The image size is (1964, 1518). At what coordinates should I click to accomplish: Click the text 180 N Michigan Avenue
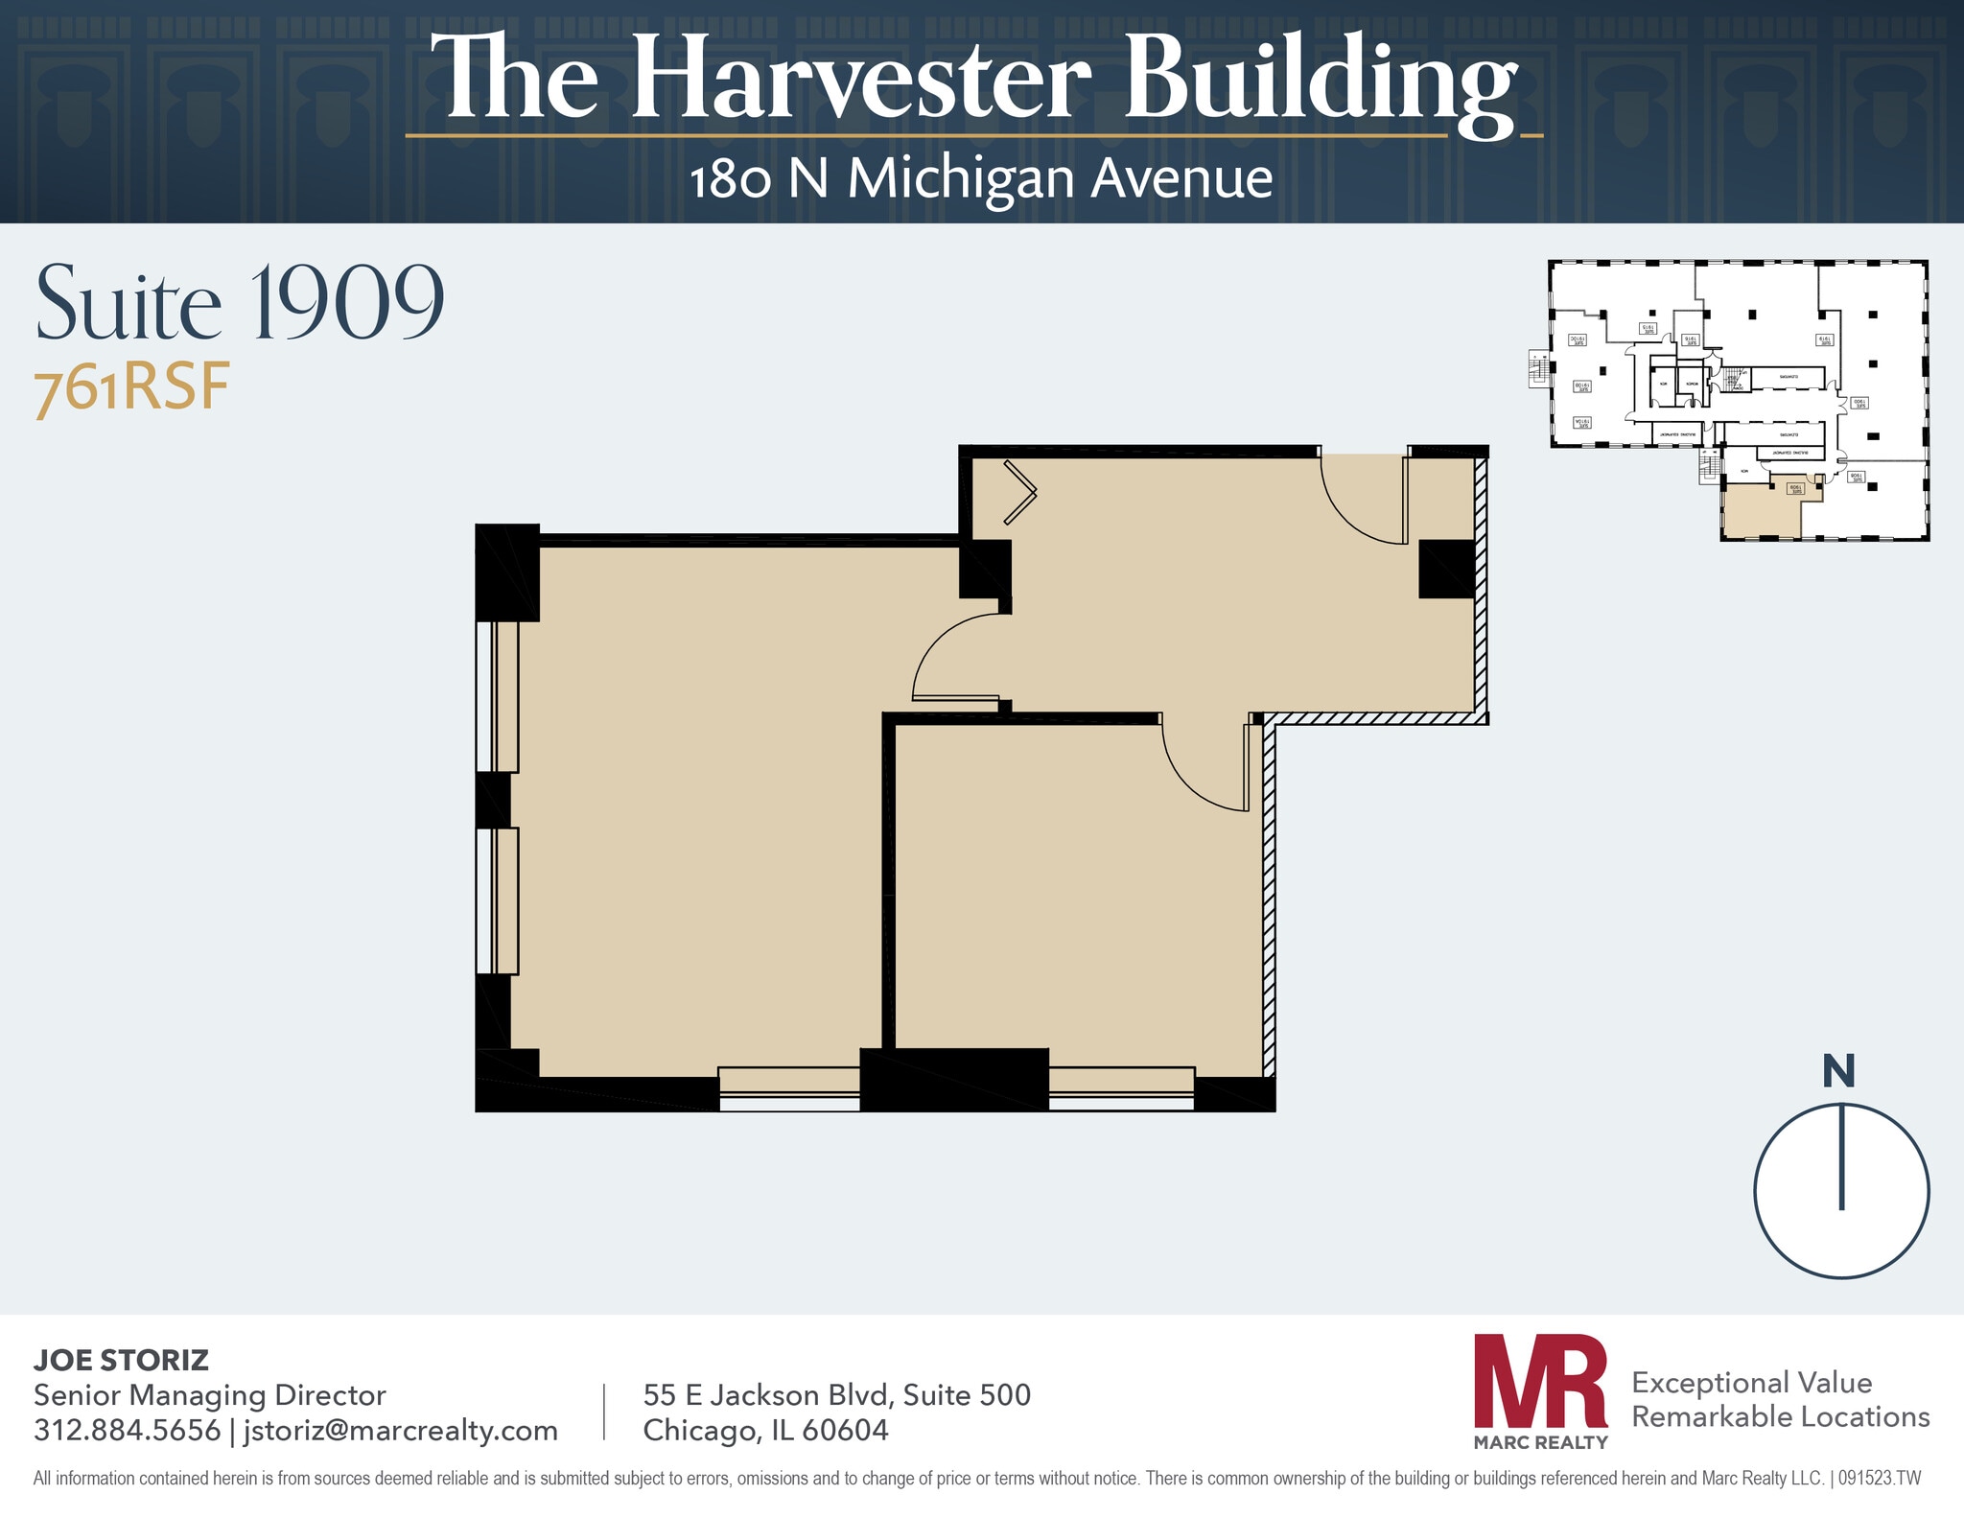(x=981, y=179)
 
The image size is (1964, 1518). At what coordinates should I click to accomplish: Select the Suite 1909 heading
(x=240, y=303)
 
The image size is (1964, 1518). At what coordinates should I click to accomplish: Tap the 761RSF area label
(x=132, y=388)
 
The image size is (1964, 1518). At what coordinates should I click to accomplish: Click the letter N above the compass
(x=1837, y=1071)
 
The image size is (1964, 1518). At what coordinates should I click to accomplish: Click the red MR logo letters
(x=1539, y=1382)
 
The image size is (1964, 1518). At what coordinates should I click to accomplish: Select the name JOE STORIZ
(x=121, y=1360)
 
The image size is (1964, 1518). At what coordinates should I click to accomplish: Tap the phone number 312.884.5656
(x=127, y=1430)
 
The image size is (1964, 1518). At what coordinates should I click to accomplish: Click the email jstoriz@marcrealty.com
(x=400, y=1430)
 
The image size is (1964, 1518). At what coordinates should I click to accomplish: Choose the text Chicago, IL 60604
(x=765, y=1430)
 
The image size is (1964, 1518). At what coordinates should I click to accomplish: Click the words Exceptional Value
(x=1751, y=1382)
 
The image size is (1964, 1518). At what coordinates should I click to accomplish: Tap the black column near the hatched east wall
(x=1446, y=569)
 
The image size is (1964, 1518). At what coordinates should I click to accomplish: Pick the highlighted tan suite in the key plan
(x=1760, y=510)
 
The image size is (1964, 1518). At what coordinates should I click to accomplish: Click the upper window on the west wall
(x=497, y=696)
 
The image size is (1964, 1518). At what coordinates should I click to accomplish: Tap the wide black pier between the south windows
(x=953, y=1080)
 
